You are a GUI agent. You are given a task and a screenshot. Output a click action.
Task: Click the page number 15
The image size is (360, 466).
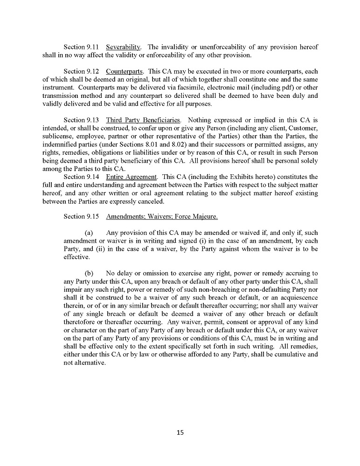(x=180, y=432)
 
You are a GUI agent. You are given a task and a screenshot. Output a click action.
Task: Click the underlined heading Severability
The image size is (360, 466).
(x=124, y=47)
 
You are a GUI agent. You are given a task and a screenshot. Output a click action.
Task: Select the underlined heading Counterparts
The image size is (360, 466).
(x=125, y=71)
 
